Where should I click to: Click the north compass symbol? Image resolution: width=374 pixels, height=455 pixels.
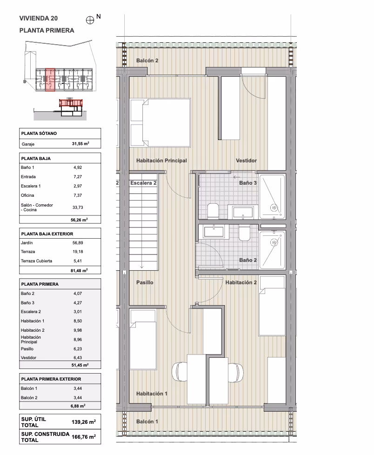[90, 20]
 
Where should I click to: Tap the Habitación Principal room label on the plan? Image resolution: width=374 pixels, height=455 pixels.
[161, 161]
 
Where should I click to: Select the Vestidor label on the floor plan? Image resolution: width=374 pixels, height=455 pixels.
[246, 161]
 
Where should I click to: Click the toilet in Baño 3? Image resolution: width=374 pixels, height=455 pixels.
[213, 210]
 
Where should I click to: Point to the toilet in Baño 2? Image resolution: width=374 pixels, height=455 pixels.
[244, 233]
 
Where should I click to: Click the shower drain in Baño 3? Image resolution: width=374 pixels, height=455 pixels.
[274, 208]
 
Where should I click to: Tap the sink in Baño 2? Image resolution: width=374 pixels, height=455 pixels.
[214, 232]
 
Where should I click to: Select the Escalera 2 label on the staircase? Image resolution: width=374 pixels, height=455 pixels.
[143, 183]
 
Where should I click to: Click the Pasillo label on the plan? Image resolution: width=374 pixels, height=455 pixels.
[145, 282]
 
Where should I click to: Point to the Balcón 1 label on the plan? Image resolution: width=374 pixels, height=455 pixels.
[147, 422]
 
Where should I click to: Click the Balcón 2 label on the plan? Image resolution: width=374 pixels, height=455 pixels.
[147, 60]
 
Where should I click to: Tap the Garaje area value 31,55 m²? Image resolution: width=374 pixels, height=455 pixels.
[80, 144]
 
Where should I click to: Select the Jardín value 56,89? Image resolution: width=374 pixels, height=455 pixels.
[78, 242]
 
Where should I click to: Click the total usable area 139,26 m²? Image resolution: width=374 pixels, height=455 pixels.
[84, 422]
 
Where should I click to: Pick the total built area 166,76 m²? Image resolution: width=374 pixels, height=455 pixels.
[84, 437]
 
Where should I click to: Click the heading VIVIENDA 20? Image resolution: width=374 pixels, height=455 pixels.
[39, 18]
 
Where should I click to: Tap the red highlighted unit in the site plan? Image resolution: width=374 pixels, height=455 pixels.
[50, 80]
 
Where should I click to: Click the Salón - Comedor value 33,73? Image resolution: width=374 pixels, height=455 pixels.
[78, 207]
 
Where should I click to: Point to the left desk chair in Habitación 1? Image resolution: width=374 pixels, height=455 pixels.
[179, 372]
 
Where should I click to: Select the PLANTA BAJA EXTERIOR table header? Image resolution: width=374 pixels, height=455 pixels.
[47, 234]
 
